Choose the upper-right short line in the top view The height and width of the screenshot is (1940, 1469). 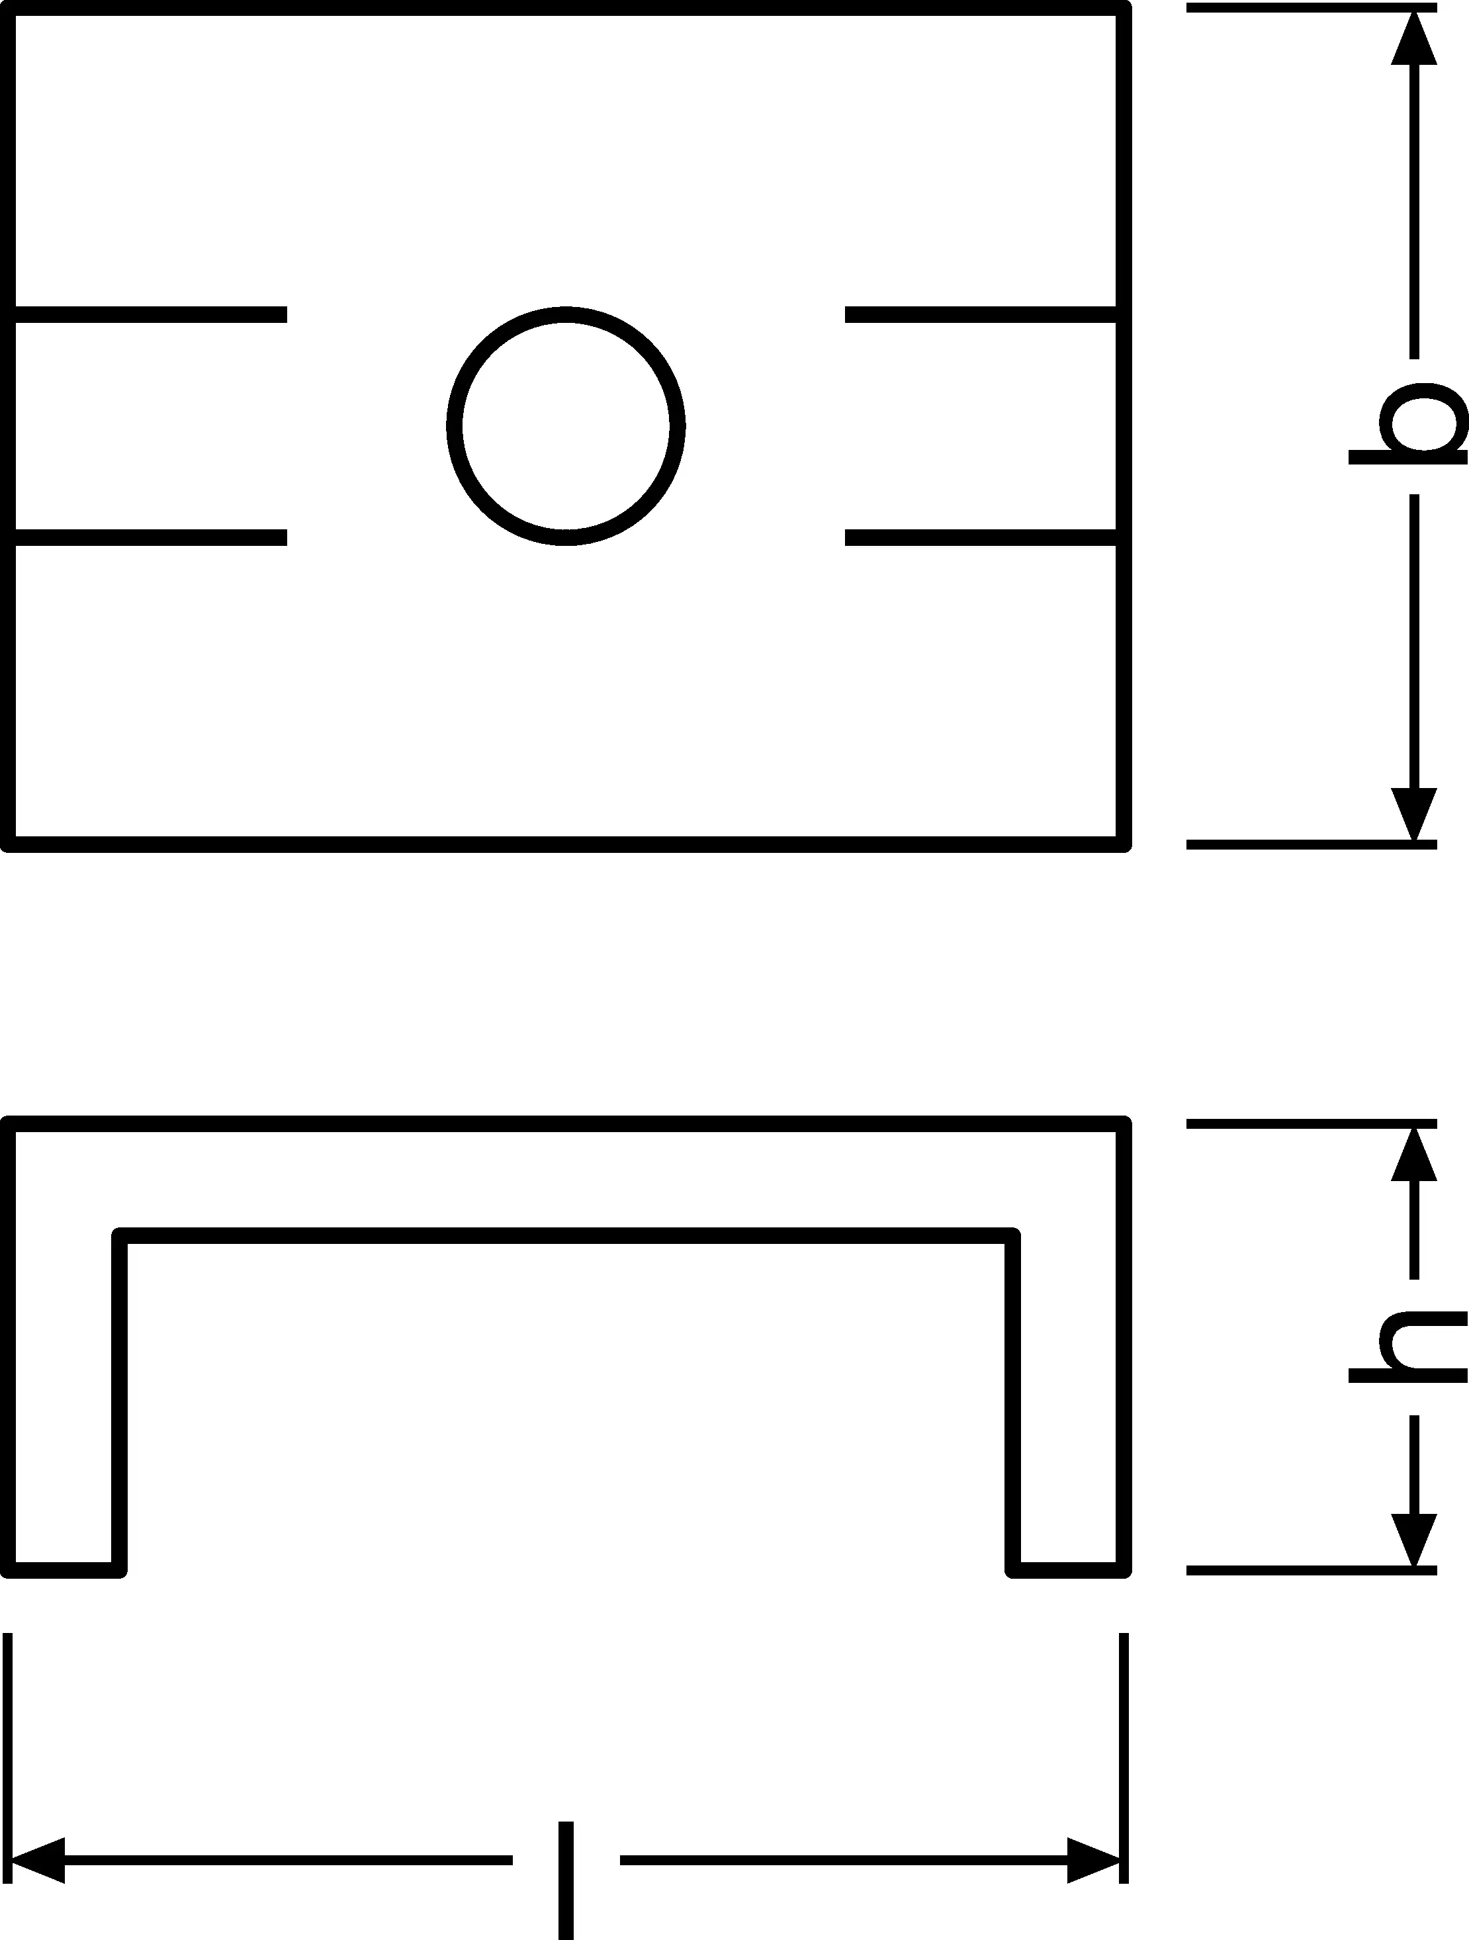[981, 314]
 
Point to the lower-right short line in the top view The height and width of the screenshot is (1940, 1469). [981, 537]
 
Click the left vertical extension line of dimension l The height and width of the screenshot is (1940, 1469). [8, 1754]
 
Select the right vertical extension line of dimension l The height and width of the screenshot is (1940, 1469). [1124, 1754]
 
